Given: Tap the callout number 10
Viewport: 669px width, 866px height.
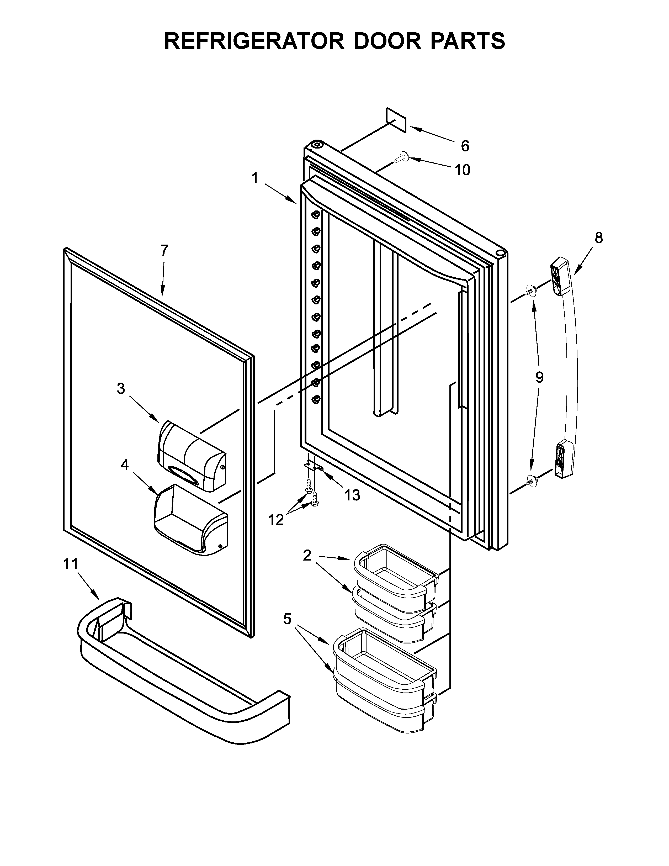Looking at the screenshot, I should coord(462,170).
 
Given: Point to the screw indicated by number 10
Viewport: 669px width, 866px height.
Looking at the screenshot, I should coord(401,157).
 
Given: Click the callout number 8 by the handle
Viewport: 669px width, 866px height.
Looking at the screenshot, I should coord(598,238).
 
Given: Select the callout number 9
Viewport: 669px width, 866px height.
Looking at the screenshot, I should coord(539,377).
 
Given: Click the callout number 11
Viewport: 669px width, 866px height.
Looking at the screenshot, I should coord(71,563).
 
